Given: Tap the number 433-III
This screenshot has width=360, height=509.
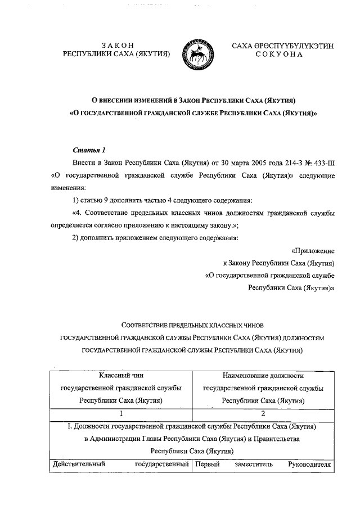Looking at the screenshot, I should coord(322,163).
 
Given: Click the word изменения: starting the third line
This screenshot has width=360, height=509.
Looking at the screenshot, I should coord(68,187).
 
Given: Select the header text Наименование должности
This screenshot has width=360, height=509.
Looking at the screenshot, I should coord(263,375).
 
